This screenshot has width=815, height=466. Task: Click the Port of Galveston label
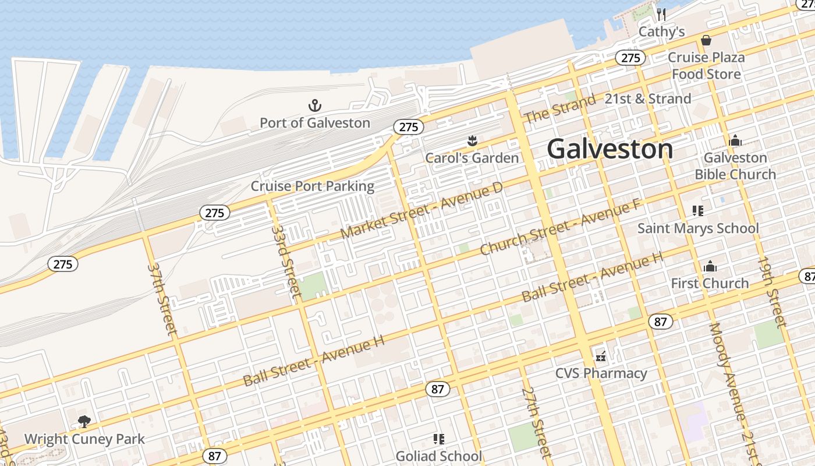[314, 123]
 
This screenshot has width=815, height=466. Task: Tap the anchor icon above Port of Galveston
[314, 105]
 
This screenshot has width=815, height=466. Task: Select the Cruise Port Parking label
[312, 186]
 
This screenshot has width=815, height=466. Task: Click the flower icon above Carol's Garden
[472, 140]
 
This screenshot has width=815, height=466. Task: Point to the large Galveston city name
[610, 149]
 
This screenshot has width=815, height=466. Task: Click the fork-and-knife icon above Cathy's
[661, 15]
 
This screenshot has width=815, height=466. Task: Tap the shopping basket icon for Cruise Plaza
[706, 40]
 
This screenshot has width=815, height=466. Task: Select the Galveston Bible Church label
[735, 166]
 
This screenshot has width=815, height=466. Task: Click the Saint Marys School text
[698, 228]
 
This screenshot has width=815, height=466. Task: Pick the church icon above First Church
[710, 266]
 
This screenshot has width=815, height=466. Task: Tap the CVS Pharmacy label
[601, 373]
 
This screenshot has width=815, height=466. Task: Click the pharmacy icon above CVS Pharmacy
[601, 356]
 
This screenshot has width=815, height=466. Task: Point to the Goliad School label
[438, 456]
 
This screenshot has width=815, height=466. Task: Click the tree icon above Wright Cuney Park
[84, 421]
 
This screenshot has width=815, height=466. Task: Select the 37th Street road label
[162, 299]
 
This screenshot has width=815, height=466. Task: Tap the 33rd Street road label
[287, 260]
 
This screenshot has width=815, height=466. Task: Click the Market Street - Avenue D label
[421, 210]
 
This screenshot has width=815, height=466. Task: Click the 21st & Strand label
[647, 98]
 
